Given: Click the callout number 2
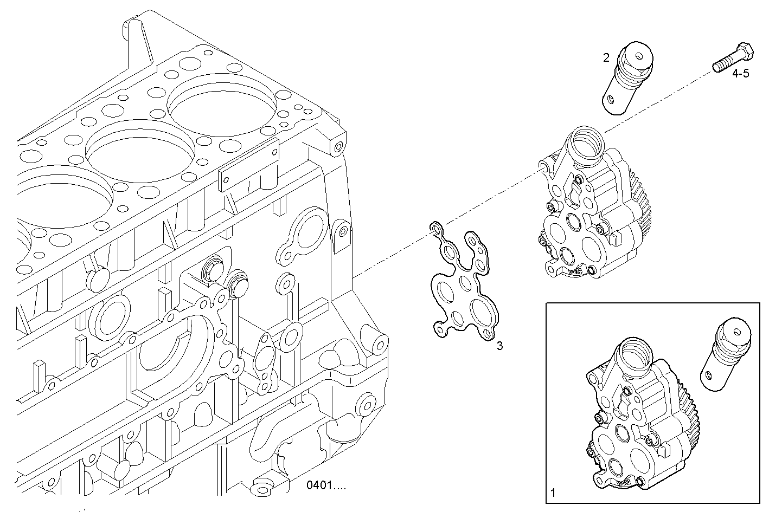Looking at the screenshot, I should (606, 57).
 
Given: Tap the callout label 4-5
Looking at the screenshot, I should (740, 74).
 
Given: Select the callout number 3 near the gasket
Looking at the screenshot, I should (499, 346).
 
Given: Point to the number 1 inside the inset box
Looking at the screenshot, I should (553, 493).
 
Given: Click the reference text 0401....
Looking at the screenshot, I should (325, 485).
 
